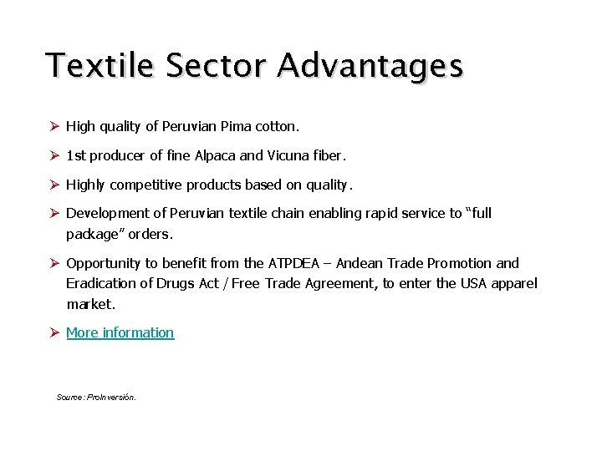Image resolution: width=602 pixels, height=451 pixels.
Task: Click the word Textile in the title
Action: click(99, 65)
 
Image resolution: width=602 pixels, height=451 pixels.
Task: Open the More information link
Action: click(120, 332)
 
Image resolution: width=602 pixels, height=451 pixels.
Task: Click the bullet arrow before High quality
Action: click(53, 127)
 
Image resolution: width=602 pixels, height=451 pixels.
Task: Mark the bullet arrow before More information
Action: click(53, 332)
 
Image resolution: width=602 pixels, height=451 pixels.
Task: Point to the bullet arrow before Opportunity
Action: click(53, 263)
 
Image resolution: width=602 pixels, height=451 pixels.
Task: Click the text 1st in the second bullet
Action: click(76, 155)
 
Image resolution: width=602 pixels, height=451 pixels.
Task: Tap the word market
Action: click(90, 304)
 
